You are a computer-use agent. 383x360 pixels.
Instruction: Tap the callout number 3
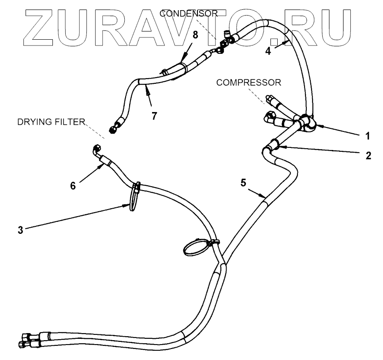pyautogui.click(x=20, y=229)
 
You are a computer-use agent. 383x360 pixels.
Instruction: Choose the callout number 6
pyautogui.click(x=74, y=186)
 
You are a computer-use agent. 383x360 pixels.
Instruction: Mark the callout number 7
pyautogui.click(x=154, y=116)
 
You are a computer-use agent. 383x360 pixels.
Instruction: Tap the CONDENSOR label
pyautogui.click(x=189, y=14)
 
